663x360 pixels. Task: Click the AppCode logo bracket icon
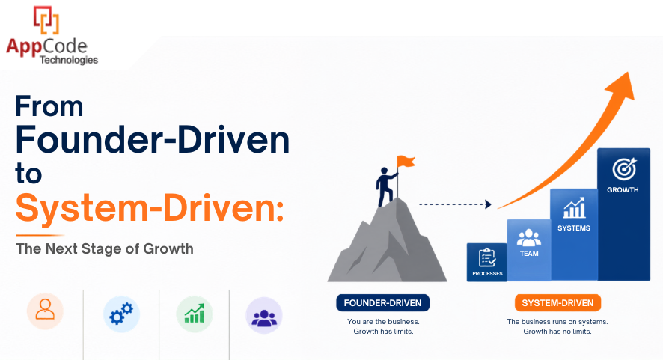coord(46,20)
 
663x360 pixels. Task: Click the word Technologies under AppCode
coord(69,60)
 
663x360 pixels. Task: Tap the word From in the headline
coord(49,106)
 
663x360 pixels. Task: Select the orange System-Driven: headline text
coord(150,207)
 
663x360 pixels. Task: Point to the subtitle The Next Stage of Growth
coord(105,248)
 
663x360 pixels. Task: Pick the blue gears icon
coord(121,314)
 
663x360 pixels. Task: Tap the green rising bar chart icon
coord(194,314)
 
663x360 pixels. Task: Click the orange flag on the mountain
coord(406,161)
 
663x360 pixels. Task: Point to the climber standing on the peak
coord(385,186)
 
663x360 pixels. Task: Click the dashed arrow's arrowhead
coord(489,204)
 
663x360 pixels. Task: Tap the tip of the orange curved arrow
coord(629,73)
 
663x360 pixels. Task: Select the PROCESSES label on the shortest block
coord(487,274)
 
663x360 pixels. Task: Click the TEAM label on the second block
coord(529,254)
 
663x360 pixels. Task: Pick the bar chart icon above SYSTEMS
coord(574,208)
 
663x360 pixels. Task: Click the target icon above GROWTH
coord(624,169)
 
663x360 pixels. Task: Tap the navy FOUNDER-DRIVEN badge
coord(382,303)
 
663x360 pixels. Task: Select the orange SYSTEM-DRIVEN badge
coord(557,303)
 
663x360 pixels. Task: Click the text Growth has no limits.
coord(557,332)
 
